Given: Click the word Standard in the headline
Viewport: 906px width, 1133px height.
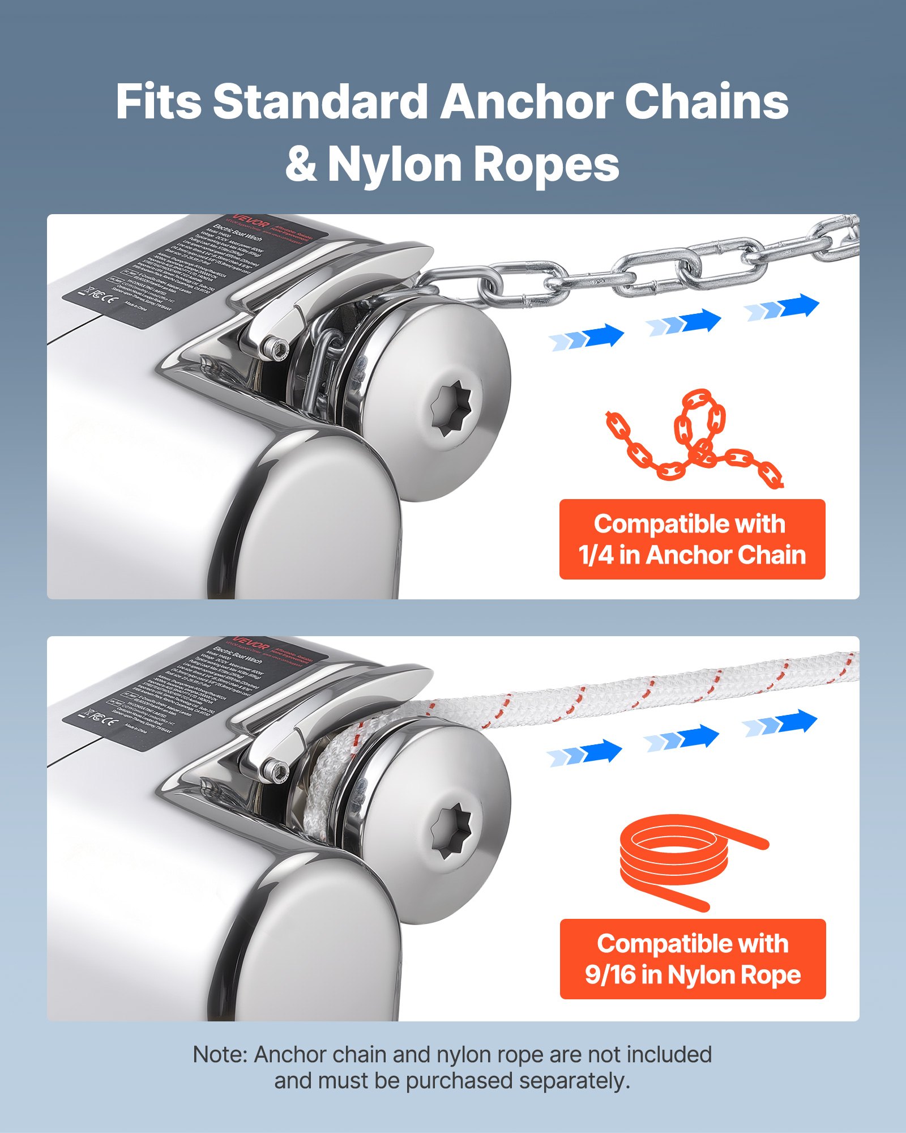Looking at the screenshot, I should [x=320, y=102].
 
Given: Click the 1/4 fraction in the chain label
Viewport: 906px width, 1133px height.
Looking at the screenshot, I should [x=596, y=555].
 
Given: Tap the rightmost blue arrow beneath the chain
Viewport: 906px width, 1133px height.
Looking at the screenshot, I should [x=782, y=308].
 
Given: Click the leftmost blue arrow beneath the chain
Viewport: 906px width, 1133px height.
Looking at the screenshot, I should [x=587, y=338].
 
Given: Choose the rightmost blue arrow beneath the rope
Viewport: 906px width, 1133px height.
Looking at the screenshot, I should [x=780, y=723].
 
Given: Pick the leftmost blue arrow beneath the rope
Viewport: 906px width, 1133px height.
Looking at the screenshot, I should [x=585, y=753].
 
